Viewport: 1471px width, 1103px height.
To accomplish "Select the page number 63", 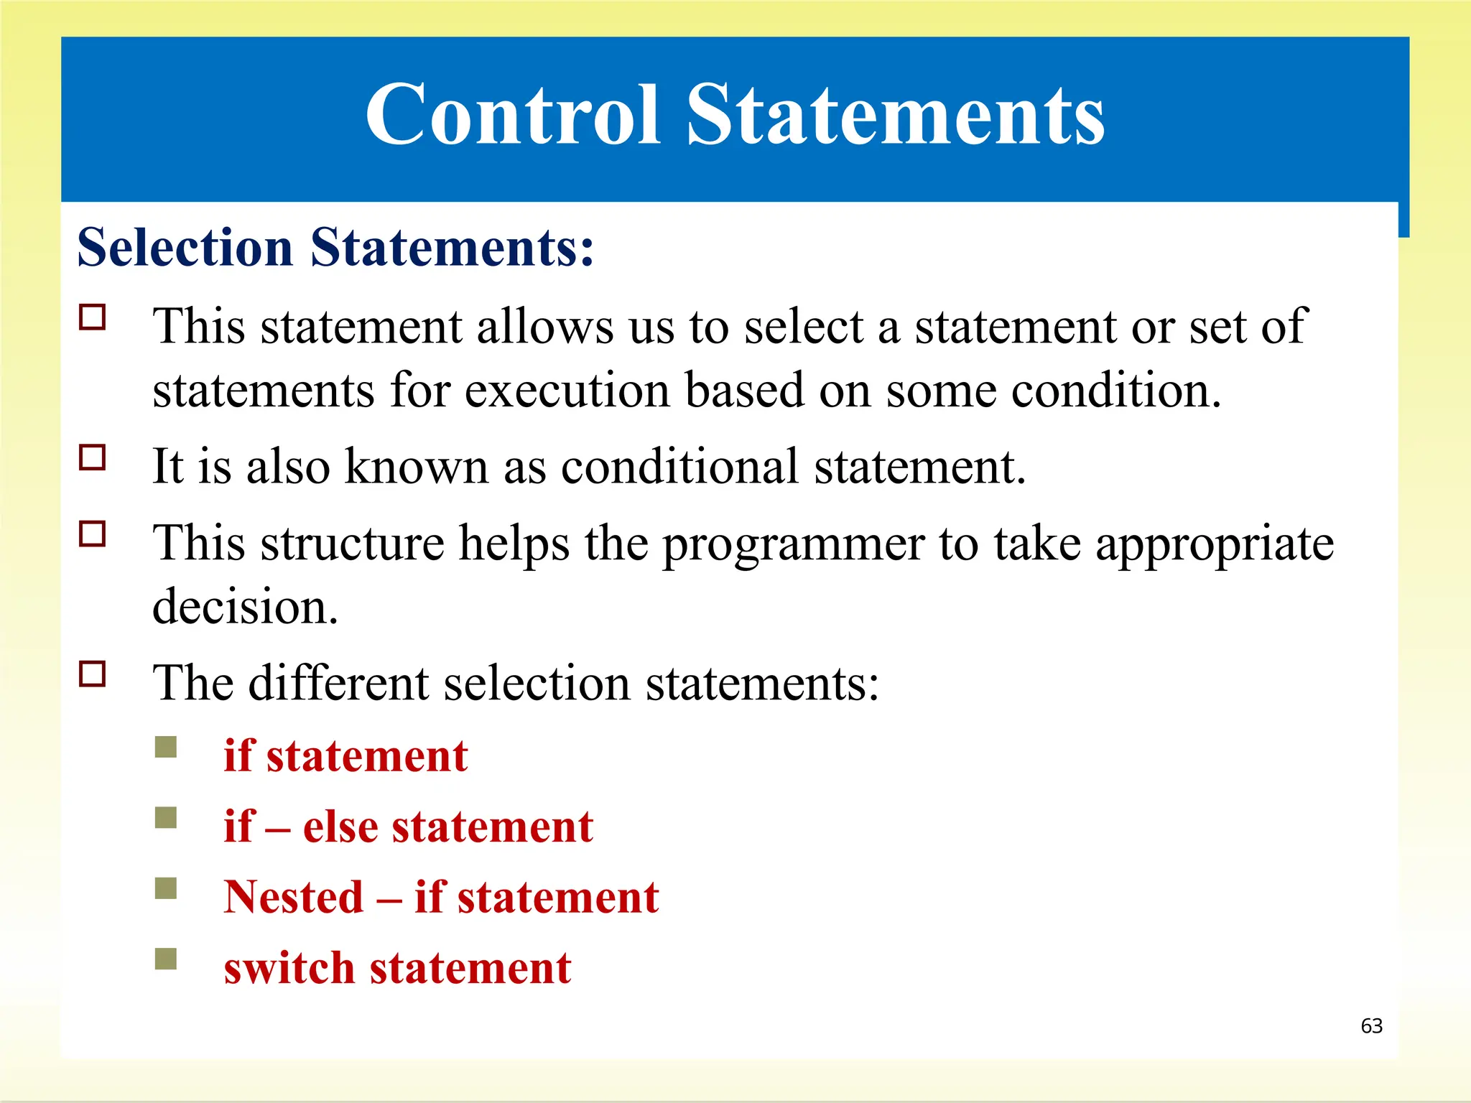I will pos(1371,1025).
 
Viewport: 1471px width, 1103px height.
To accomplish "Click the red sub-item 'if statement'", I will pos(345,755).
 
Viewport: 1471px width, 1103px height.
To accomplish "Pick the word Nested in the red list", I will pos(294,897).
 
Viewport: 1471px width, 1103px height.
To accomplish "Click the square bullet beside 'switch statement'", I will pos(166,959).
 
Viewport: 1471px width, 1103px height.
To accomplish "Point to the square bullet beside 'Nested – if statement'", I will pos(166,888).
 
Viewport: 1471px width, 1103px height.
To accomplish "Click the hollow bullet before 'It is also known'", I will pos(93,457).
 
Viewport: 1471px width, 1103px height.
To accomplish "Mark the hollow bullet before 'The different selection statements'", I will pos(93,674).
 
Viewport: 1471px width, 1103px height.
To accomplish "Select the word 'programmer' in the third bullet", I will pos(793,544).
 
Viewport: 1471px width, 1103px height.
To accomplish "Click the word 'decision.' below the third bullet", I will pos(245,607).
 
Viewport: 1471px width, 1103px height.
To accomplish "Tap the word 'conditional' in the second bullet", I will pos(679,467).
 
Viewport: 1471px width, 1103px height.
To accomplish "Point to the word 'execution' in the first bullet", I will pos(567,391).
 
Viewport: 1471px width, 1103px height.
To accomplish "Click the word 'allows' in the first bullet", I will pos(545,327).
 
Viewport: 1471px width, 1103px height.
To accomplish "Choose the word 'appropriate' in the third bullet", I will pos(1214,544).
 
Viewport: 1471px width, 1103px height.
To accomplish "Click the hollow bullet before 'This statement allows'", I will pos(93,317).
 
